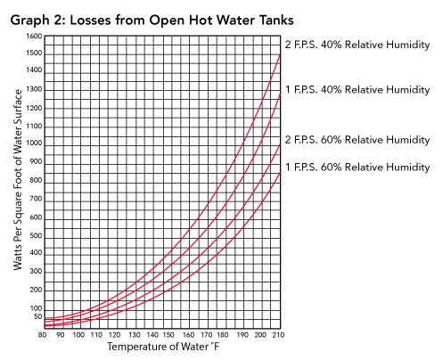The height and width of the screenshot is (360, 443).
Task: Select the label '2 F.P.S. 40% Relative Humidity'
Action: [x=357, y=45]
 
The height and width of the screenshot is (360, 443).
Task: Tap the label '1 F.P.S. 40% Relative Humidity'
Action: [x=357, y=89]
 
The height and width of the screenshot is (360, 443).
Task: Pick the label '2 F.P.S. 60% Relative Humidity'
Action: [x=357, y=140]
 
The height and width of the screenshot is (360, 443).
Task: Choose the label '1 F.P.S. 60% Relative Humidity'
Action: [x=357, y=168]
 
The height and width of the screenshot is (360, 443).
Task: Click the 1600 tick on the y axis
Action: [x=34, y=36]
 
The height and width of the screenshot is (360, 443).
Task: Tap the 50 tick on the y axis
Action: [x=37, y=316]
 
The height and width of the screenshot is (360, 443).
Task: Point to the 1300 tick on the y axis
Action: [x=34, y=89]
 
